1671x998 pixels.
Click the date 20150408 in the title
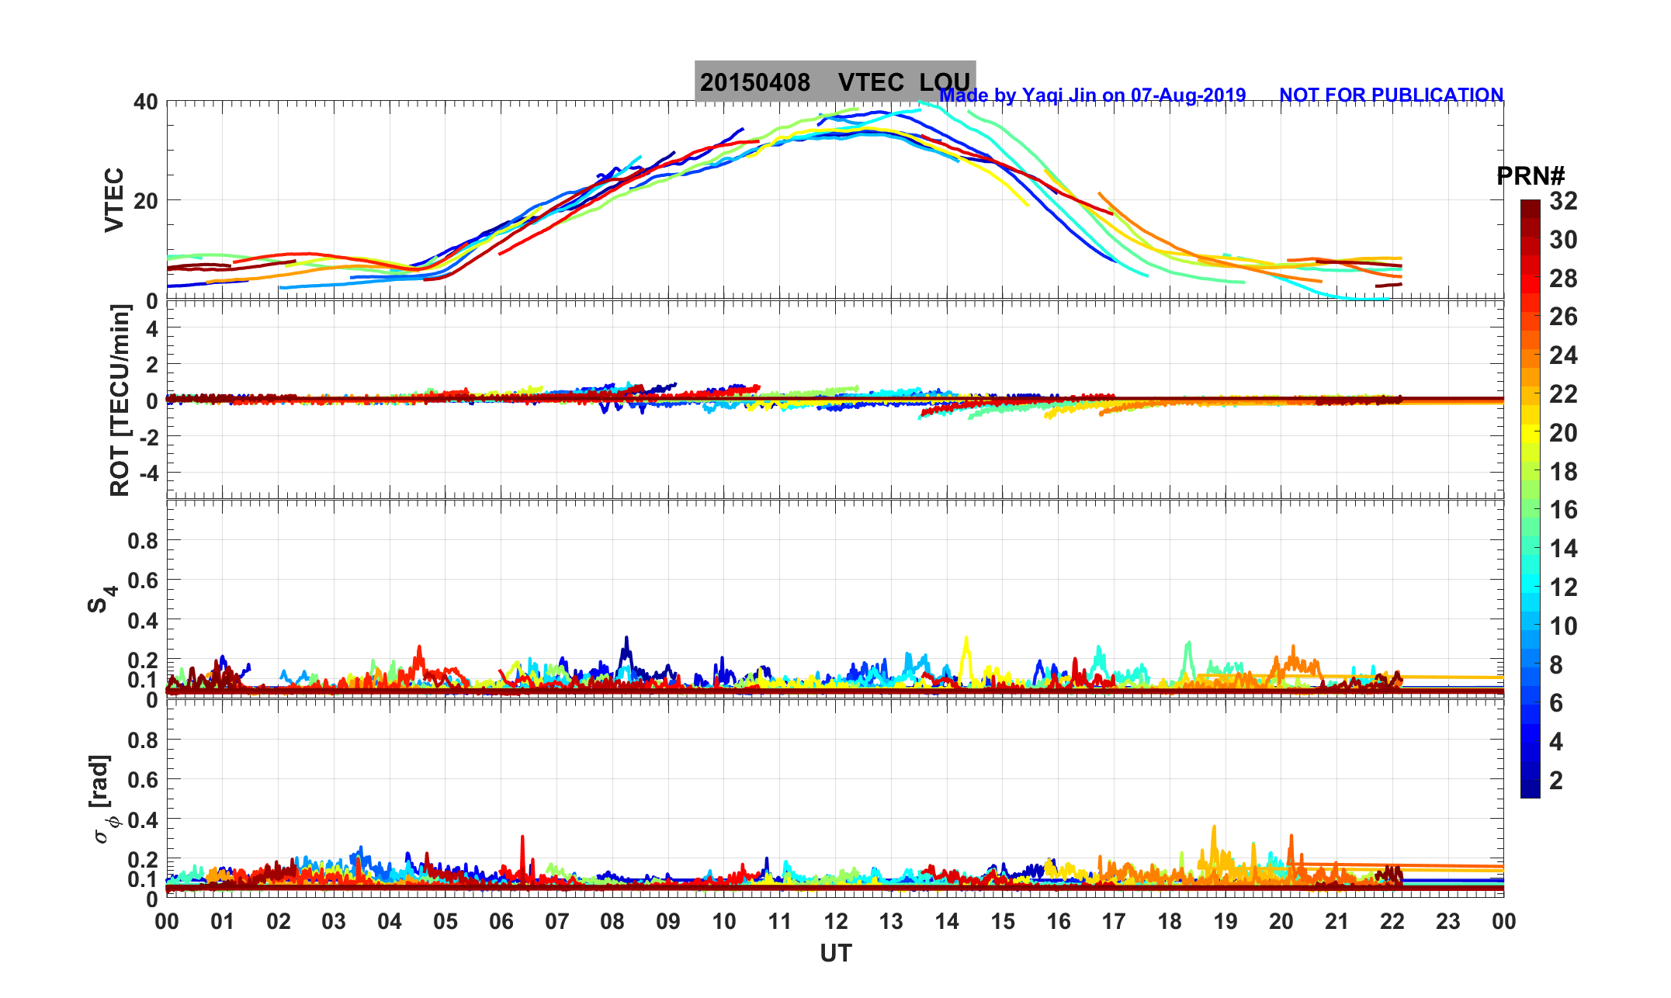point(754,82)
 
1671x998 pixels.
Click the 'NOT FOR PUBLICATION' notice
point(1391,95)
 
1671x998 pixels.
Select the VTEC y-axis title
point(114,199)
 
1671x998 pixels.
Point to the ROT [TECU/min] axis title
point(120,400)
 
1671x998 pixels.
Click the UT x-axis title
point(836,954)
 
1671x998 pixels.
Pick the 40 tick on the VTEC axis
point(145,102)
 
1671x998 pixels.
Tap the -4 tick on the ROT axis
point(147,473)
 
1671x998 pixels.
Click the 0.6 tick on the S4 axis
point(143,580)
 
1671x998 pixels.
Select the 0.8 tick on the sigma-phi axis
point(143,740)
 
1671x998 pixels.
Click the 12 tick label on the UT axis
point(836,922)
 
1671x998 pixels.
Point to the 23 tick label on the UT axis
point(1448,922)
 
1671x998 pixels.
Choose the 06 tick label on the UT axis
point(501,922)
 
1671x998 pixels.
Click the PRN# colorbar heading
point(1531,177)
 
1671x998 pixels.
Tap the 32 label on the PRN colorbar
point(1563,202)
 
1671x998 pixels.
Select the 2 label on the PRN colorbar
point(1555,781)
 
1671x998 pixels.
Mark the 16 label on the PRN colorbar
point(1563,510)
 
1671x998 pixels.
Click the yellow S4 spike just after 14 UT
point(966,641)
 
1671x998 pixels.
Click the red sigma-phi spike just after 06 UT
point(522,839)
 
